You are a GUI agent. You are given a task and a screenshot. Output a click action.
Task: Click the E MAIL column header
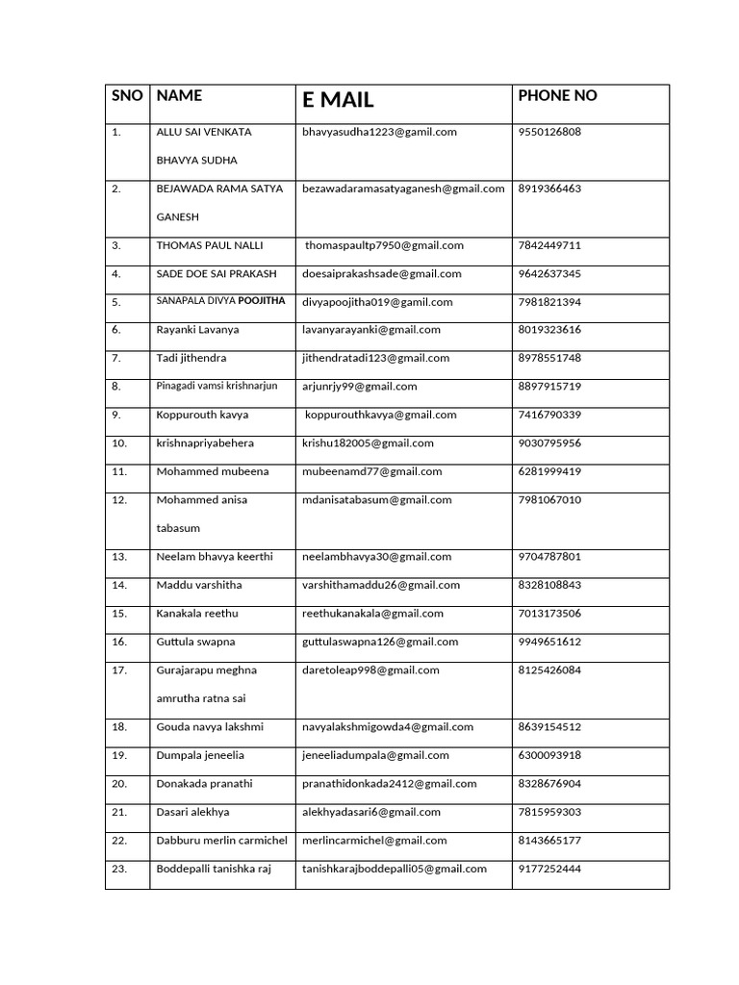click(x=338, y=100)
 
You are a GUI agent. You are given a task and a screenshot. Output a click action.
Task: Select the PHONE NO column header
click(x=557, y=95)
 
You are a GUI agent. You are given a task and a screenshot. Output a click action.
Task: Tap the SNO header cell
click(x=127, y=95)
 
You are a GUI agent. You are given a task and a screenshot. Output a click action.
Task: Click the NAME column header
click(x=179, y=95)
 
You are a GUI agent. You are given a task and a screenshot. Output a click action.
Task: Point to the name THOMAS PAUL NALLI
click(x=209, y=245)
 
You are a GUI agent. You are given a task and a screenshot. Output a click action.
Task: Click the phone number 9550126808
click(x=549, y=132)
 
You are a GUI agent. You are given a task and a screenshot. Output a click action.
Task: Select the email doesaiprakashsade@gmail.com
click(x=381, y=274)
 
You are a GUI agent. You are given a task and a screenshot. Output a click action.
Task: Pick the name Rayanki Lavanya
click(x=197, y=330)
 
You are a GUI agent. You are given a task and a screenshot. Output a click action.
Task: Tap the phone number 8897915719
click(x=549, y=387)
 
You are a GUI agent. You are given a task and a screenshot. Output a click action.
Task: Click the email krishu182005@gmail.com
click(x=368, y=443)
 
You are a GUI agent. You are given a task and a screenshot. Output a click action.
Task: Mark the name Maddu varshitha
click(x=199, y=585)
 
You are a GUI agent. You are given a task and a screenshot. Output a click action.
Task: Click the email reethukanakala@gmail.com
click(x=372, y=614)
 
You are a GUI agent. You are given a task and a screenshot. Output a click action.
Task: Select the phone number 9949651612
click(x=549, y=642)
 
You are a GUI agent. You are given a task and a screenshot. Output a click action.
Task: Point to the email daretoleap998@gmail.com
click(x=370, y=670)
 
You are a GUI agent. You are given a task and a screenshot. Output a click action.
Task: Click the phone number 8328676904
click(x=549, y=784)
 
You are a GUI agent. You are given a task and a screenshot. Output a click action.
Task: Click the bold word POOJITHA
click(x=262, y=301)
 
